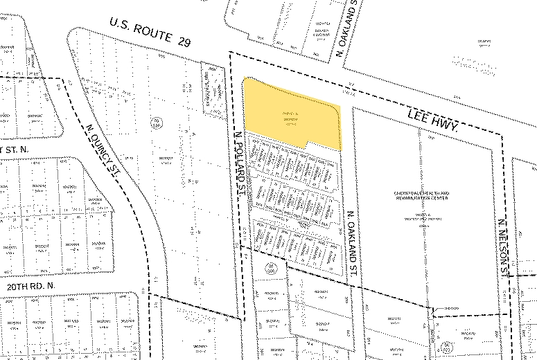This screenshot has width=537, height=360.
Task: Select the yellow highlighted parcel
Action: (291, 114)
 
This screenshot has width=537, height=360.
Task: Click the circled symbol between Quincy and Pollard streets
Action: (157, 123)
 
